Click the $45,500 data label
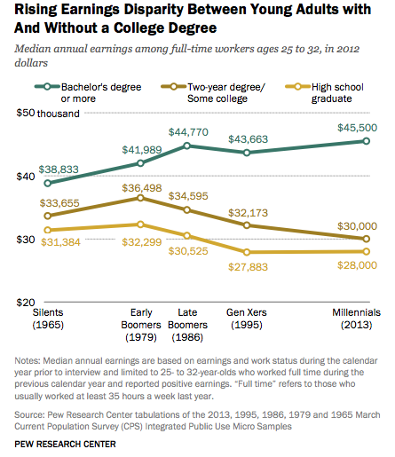(357, 128)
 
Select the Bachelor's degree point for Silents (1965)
(47, 183)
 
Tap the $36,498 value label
(142, 188)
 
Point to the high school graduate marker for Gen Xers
(247, 252)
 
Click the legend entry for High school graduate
(324, 92)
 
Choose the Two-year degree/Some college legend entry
(213, 92)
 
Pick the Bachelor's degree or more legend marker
(47, 87)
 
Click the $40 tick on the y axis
(26, 177)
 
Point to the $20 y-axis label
(26, 303)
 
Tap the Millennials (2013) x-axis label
(356, 319)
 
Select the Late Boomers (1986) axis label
(187, 325)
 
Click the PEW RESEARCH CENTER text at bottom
(65, 444)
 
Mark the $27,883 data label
(248, 267)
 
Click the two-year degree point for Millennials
(366, 239)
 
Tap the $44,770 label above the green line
(188, 132)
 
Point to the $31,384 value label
(60, 242)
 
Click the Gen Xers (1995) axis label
(247, 319)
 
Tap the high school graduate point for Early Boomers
(140, 225)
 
